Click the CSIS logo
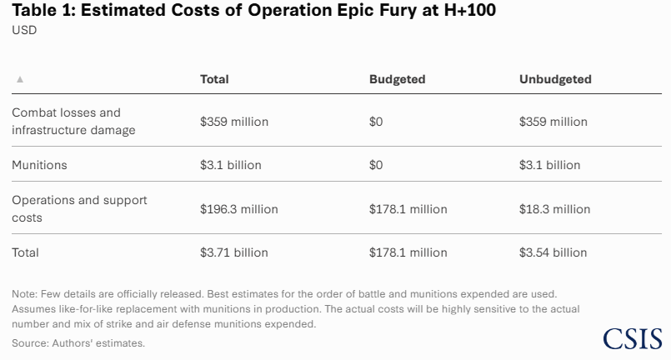click(x=632, y=338)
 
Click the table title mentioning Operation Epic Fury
click(x=254, y=12)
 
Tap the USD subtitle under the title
click(x=24, y=30)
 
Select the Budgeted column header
click(x=397, y=79)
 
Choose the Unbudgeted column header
click(x=555, y=79)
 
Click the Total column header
click(x=214, y=79)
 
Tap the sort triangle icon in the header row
click(x=20, y=79)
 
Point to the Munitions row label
click(x=39, y=165)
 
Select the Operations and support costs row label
click(x=79, y=208)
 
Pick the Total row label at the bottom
click(x=25, y=252)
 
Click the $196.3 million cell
click(x=239, y=209)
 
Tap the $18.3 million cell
click(x=554, y=209)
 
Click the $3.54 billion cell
click(x=553, y=252)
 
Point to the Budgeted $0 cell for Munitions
click(x=376, y=165)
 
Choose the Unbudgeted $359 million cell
click(x=553, y=122)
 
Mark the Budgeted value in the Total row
click(x=408, y=252)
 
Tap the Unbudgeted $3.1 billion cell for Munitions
click(x=549, y=165)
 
